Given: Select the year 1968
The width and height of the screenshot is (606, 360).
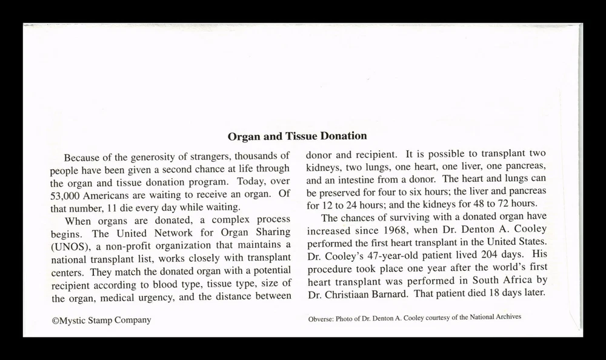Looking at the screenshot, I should click(x=381, y=231).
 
